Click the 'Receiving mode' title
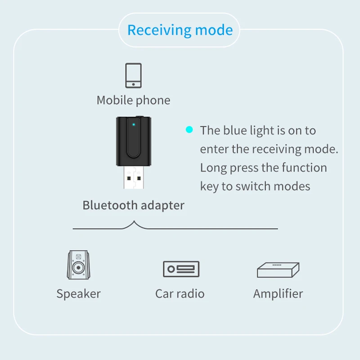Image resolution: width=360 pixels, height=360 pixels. [180, 30]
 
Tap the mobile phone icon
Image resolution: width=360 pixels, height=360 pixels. [133, 75]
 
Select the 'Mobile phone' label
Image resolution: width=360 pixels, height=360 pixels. [133, 100]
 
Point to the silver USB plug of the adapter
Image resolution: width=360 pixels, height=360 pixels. [133, 180]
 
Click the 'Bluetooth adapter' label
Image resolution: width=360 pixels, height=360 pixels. [133, 205]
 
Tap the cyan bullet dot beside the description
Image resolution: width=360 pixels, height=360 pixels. [189, 130]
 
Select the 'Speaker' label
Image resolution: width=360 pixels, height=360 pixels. [78, 294]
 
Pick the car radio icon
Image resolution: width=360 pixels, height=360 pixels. [180, 269]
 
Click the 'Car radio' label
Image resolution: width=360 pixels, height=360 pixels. [180, 294]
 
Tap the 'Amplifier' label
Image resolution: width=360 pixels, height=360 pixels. [278, 294]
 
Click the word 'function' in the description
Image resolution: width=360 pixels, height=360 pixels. [304, 168]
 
